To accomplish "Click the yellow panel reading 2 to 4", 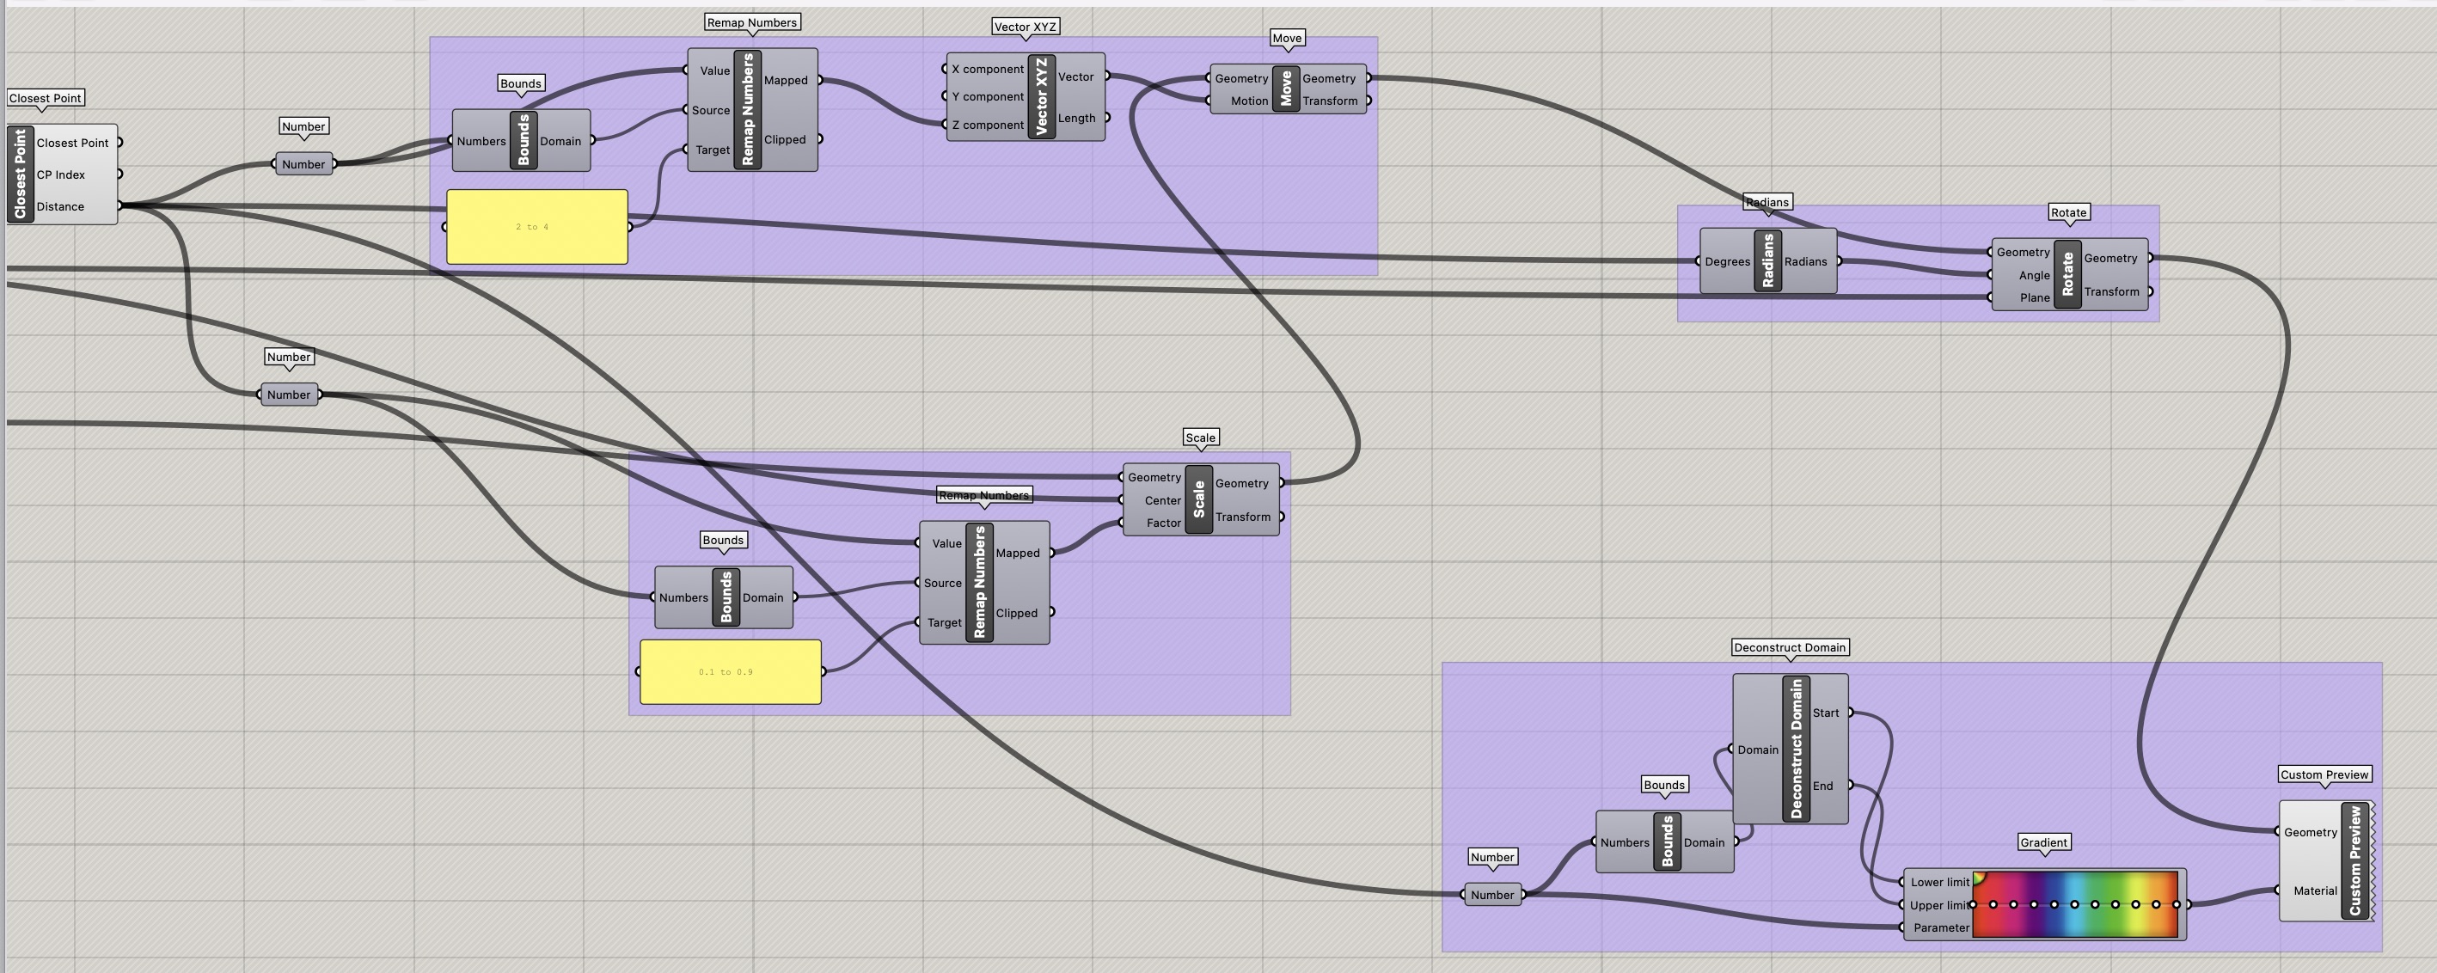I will point(536,227).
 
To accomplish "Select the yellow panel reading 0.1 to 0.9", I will point(730,671).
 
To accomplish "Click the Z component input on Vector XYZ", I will point(987,125).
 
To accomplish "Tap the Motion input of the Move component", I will point(1248,101).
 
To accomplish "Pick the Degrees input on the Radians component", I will point(1725,262).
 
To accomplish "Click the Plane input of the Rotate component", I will point(2033,298).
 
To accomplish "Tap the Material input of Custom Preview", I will point(2313,890).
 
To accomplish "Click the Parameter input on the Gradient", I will point(1939,927).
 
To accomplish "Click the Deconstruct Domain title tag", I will point(1789,648).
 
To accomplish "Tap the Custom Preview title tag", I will point(2324,774).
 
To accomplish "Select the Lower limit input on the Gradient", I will point(1938,882).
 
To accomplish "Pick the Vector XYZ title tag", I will point(1025,27).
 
